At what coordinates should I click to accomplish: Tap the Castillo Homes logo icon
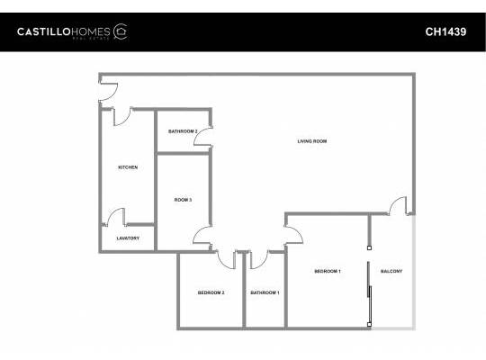click(x=121, y=31)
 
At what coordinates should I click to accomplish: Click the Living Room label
click(x=311, y=141)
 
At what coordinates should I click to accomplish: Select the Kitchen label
click(x=128, y=167)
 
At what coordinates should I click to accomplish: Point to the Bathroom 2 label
click(x=183, y=131)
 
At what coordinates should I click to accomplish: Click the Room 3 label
click(x=183, y=199)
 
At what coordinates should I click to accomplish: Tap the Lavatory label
click(x=128, y=238)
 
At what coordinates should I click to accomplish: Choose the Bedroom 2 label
click(x=211, y=292)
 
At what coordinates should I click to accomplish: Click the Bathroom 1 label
click(x=265, y=292)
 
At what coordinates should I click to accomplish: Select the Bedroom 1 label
click(x=327, y=271)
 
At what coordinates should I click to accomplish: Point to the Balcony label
click(x=391, y=271)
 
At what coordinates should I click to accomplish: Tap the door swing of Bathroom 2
click(x=203, y=139)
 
